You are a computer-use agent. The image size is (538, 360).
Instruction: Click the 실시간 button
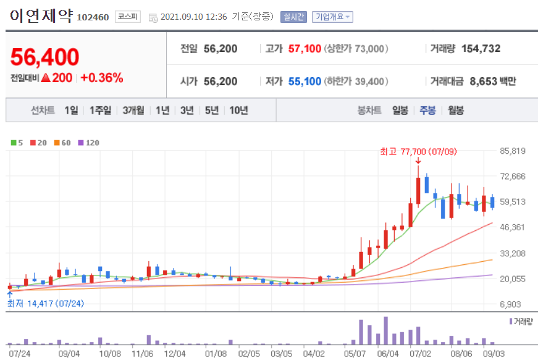pos(293,17)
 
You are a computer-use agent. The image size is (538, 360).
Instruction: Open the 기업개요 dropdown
pos(332,17)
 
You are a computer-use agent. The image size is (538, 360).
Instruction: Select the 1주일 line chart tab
pos(100,111)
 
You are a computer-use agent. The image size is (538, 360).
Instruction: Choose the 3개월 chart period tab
pos(133,111)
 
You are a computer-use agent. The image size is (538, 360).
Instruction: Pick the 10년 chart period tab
pos(238,111)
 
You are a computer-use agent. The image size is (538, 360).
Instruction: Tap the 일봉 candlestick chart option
pos(400,111)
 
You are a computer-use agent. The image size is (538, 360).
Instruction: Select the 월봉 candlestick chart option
pos(456,111)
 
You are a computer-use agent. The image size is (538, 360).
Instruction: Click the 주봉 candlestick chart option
pos(427,111)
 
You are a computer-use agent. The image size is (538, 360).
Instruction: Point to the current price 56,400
pos(44,57)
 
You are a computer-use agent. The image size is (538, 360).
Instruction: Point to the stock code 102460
pos(93,17)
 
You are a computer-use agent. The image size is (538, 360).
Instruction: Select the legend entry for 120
pos(89,143)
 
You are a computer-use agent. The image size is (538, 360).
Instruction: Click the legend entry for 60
pos(62,143)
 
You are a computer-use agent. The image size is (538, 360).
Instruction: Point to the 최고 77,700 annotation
pos(410,151)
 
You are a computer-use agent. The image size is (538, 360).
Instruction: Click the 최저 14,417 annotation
pos(46,303)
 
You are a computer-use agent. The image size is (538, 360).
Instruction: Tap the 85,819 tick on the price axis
pos(512,151)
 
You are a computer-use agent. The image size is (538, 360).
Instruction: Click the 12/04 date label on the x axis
pos(175,354)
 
